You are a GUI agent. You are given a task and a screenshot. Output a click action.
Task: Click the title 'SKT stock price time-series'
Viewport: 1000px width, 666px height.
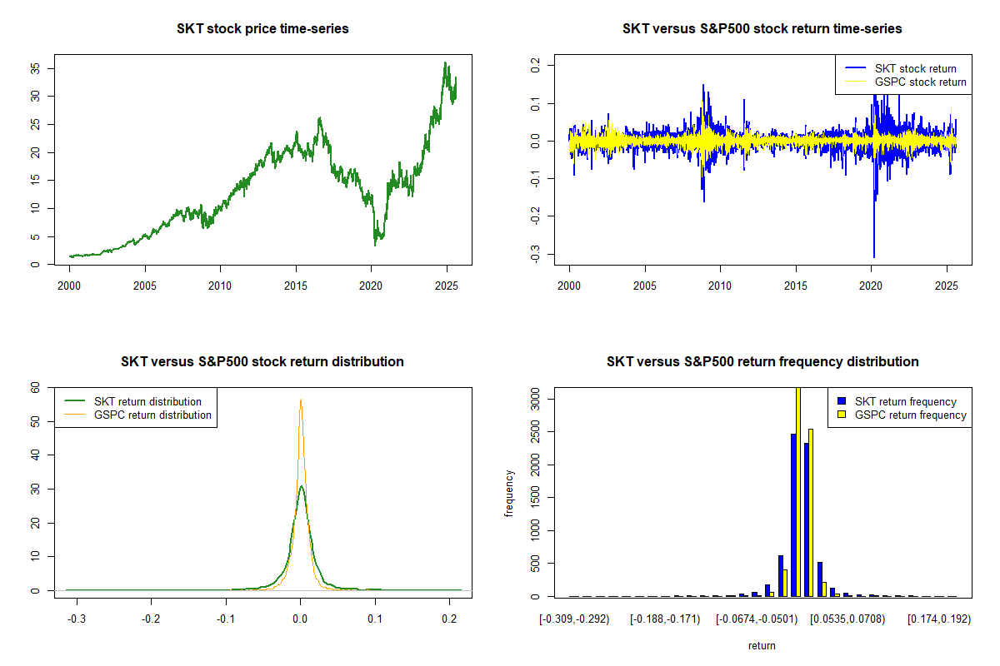pyautogui.click(x=262, y=29)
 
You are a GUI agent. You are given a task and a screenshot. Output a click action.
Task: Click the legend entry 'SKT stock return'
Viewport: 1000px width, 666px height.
pyautogui.click(x=915, y=68)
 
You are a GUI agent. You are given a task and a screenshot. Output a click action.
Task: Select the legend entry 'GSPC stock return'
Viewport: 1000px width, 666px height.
pyautogui.click(x=920, y=82)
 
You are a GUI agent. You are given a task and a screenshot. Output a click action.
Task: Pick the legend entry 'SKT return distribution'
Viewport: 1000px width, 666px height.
pyautogui.click(x=147, y=401)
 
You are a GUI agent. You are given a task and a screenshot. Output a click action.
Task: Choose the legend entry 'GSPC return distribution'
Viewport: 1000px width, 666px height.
pyautogui.click(x=152, y=415)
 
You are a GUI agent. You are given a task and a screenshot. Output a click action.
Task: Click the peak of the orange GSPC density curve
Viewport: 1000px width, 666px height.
pyautogui.click(x=300, y=400)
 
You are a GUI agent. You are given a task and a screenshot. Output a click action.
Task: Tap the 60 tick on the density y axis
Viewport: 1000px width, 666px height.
pyautogui.click(x=36, y=387)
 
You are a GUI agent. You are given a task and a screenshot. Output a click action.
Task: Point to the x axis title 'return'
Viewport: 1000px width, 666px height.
pyautogui.click(x=762, y=645)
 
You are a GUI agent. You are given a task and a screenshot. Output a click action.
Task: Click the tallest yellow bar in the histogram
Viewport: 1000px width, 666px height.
pyautogui.click(x=798, y=491)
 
